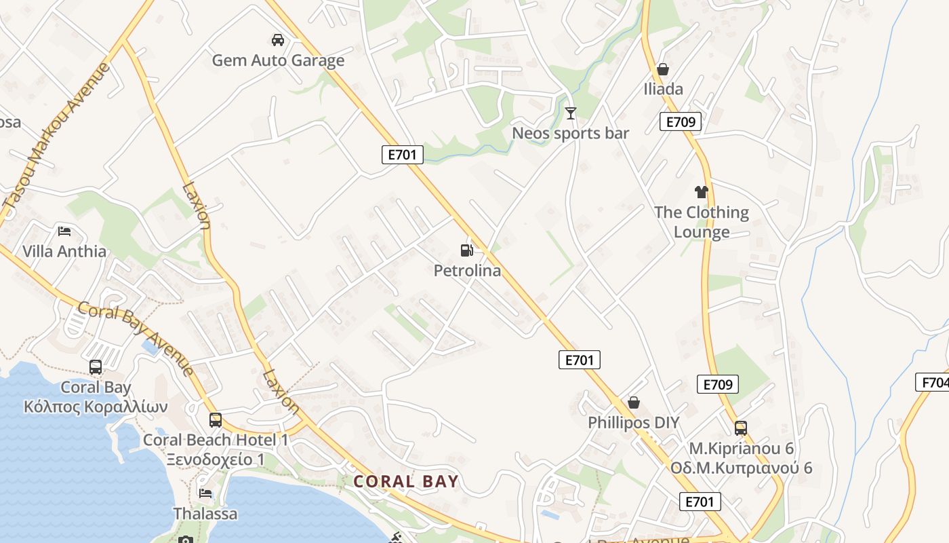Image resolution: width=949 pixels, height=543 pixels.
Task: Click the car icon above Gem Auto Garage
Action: (x=277, y=39)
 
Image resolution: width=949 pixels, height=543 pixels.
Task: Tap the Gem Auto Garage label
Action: (x=278, y=60)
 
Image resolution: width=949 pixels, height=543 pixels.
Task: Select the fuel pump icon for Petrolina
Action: (x=466, y=250)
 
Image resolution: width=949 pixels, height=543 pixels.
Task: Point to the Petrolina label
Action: (x=467, y=271)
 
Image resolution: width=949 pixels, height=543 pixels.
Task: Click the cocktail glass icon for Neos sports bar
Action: (x=571, y=113)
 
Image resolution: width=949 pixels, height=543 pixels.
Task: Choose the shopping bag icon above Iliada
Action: (x=663, y=69)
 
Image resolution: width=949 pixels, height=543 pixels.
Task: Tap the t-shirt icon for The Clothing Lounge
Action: (x=701, y=192)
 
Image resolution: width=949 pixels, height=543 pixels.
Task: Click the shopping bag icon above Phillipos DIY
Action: (x=633, y=402)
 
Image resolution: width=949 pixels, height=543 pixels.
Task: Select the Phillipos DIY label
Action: (x=633, y=423)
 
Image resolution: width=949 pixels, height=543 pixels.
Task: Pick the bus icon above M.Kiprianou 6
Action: (x=741, y=428)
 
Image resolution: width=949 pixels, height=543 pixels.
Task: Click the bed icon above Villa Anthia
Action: (x=64, y=231)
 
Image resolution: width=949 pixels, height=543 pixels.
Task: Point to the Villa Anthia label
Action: (x=64, y=251)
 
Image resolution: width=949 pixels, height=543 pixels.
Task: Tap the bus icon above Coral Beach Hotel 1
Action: (x=215, y=419)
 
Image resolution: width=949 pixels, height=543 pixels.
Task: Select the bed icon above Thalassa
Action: (x=205, y=493)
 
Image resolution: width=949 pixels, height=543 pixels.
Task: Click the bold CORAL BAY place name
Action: (x=406, y=482)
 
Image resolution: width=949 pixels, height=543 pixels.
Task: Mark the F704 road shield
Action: (x=933, y=382)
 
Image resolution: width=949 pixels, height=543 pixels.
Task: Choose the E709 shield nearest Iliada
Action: (x=680, y=122)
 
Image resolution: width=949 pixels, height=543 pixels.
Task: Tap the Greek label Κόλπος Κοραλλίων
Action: (x=95, y=407)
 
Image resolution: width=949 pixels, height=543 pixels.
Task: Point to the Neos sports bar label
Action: (x=570, y=133)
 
